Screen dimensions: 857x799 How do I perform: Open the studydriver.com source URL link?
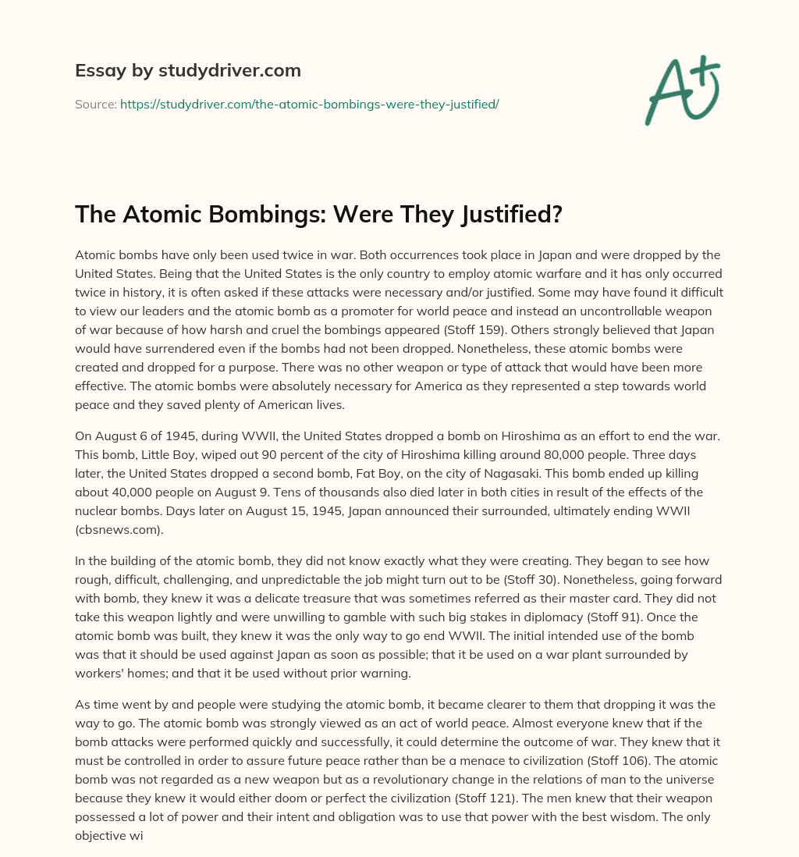click(x=309, y=104)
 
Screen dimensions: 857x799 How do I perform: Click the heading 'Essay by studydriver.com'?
click(x=187, y=70)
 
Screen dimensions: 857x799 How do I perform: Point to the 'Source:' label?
click(x=95, y=104)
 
